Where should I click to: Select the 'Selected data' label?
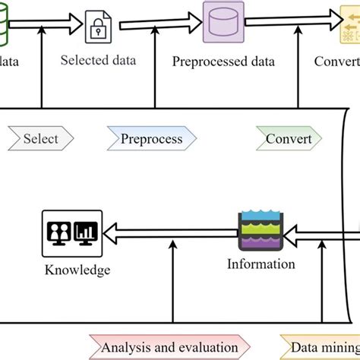(99, 60)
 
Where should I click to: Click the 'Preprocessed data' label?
(223, 62)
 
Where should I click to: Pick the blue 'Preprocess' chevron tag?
(151, 139)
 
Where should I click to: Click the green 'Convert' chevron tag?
(288, 139)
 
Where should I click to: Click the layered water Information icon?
(261, 230)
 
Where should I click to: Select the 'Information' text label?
(261, 264)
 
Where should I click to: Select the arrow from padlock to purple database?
(159, 23)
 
